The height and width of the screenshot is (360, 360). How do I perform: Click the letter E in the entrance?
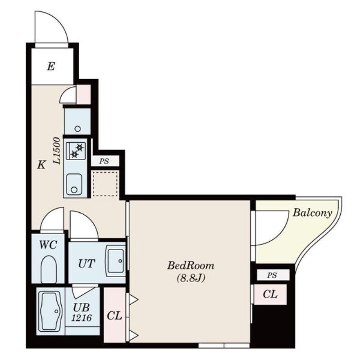[51, 67]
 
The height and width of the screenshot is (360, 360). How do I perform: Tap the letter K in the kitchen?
[41, 165]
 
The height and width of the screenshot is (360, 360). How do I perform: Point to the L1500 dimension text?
[57, 151]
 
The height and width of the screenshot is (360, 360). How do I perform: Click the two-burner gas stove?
[76, 151]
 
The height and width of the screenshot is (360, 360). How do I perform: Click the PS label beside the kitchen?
[104, 161]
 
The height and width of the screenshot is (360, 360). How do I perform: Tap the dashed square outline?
[105, 183]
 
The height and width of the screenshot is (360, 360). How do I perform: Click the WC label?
[48, 245]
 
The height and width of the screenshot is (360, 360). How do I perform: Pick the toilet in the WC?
[49, 270]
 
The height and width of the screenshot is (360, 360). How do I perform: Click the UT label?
[87, 264]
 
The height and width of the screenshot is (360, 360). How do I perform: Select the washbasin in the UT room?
[115, 261]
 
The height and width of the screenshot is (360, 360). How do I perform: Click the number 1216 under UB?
[82, 318]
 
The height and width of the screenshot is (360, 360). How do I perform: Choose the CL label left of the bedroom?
[114, 316]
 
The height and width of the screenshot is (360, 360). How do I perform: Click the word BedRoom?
[191, 265]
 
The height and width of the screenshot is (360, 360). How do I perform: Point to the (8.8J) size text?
[191, 279]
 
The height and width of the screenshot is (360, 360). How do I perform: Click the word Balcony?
[312, 213]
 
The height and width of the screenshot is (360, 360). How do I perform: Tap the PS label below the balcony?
[272, 275]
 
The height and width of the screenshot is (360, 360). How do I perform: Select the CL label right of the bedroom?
[270, 294]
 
